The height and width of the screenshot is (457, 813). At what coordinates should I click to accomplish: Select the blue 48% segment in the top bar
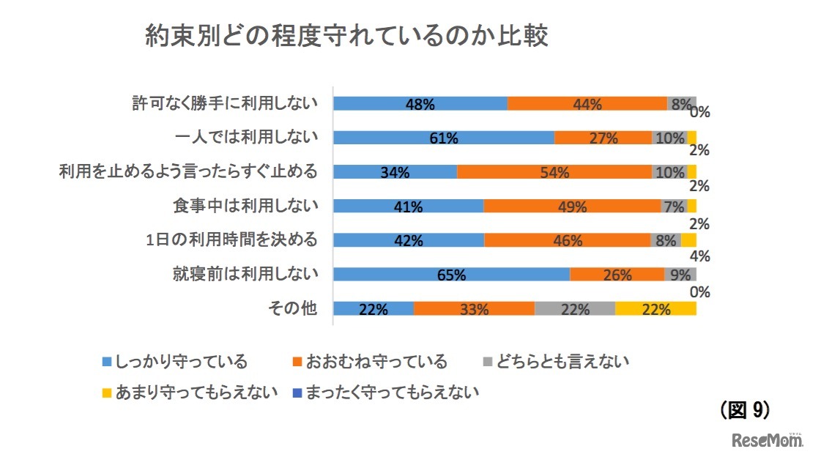click(420, 103)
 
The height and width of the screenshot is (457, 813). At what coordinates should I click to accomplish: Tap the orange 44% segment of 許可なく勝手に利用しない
click(587, 103)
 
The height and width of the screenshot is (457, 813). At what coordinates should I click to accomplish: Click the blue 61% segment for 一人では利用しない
click(443, 138)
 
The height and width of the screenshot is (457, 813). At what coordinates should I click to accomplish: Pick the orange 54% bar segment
click(554, 172)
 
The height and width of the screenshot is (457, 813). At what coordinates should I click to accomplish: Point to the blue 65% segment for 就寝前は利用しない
click(451, 275)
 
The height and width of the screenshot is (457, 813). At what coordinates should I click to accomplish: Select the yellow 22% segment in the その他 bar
click(655, 308)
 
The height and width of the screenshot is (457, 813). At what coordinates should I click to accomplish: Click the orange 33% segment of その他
click(474, 308)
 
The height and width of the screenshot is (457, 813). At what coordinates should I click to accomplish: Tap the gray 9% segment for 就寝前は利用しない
click(680, 275)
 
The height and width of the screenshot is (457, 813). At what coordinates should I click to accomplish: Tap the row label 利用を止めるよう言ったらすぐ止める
click(188, 172)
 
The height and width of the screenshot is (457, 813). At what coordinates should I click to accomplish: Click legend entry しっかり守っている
click(175, 362)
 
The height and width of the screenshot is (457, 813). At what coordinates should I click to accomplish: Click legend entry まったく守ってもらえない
click(384, 393)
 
